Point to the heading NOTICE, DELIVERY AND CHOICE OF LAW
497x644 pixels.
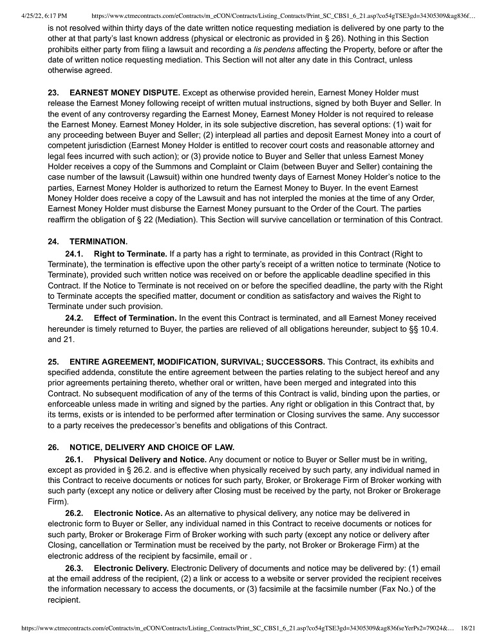(x=152, y=448)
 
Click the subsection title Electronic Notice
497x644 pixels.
(x=127, y=513)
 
